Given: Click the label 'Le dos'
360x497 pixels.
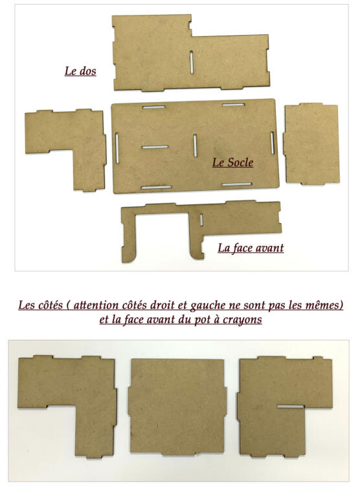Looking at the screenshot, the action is (80, 71).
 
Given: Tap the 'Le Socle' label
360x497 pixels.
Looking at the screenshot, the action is (233, 162).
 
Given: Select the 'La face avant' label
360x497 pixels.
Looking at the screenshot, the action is (251, 248).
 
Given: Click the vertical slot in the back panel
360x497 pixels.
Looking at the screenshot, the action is (192, 62).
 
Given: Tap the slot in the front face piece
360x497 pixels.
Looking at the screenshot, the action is (201, 220).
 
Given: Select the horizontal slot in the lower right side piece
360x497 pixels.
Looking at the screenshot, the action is (291, 406).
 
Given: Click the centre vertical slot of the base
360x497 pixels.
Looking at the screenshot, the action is (195, 145).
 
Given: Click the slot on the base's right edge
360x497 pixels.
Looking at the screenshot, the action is (273, 143).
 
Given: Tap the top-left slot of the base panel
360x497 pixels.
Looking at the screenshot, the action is (154, 107).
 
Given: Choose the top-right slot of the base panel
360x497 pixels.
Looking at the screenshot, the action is (234, 105).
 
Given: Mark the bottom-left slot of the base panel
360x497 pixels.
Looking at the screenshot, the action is (157, 187).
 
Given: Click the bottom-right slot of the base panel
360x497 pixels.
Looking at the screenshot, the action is (237, 184).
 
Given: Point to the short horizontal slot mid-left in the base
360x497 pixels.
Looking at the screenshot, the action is (155, 147).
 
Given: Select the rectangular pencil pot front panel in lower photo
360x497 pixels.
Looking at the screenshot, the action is (177, 406).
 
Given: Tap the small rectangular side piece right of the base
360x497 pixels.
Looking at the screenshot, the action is (311, 144).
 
